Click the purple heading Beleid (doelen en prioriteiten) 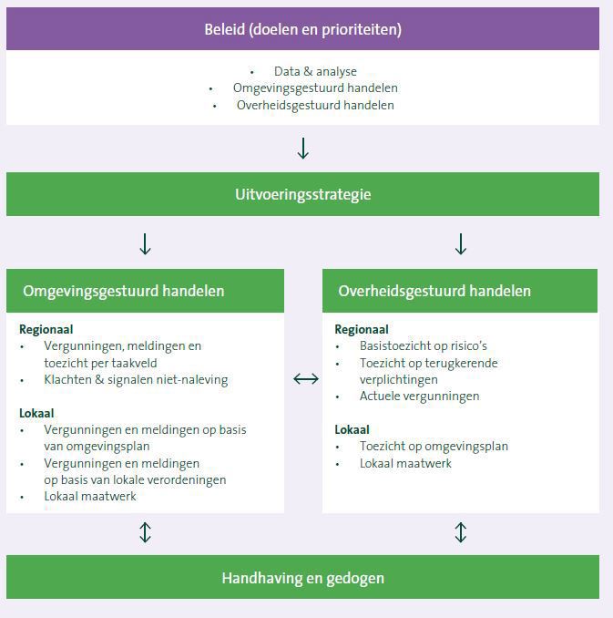click(302, 29)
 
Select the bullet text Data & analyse click(315, 71)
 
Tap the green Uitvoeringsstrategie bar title click(302, 194)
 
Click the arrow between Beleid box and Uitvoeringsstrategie click(303, 149)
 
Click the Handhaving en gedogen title click(302, 578)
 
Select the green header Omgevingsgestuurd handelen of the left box click(123, 292)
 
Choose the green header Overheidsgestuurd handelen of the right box click(434, 292)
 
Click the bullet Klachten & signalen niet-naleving click(136, 379)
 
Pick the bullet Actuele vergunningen click(406, 396)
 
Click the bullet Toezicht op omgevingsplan click(434, 447)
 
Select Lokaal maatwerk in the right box click(405, 463)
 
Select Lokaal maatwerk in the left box click(90, 496)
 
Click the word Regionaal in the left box click(46, 330)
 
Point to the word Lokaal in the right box click(352, 429)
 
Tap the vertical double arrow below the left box click(145, 532)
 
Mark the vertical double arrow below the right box click(461, 532)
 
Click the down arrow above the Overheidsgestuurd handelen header click(461, 244)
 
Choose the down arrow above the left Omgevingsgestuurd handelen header click(145, 244)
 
